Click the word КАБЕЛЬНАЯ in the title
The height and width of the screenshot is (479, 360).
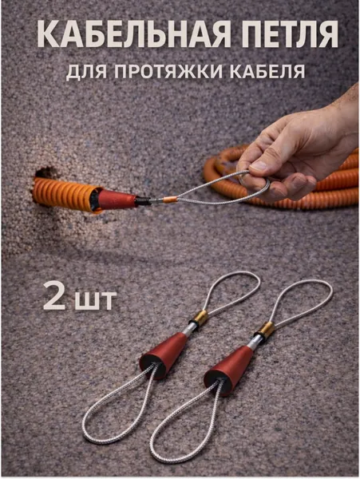[133, 34]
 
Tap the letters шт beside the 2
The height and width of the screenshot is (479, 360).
[96, 299]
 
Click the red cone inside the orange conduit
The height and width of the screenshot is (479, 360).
[117, 200]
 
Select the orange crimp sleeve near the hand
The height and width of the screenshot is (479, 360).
[170, 200]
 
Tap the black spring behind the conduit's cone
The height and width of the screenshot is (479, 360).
[144, 201]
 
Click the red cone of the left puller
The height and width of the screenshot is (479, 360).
[163, 354]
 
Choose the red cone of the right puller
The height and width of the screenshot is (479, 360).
[227, 370]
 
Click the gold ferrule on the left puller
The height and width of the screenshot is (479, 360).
[200, 319]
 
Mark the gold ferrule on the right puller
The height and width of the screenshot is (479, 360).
[265, 331]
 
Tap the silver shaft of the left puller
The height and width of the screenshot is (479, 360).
[189, 329]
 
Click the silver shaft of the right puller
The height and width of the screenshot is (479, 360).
[255, 341]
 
